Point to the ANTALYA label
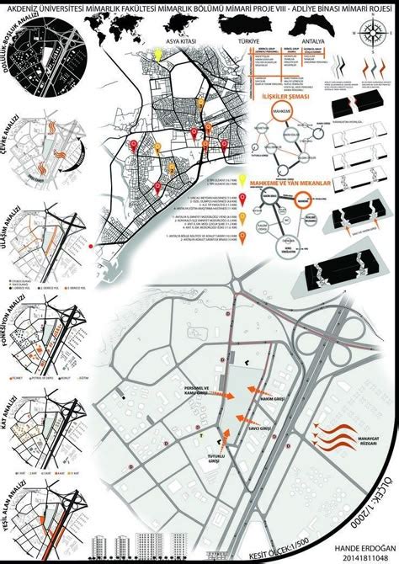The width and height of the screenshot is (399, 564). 322,40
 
